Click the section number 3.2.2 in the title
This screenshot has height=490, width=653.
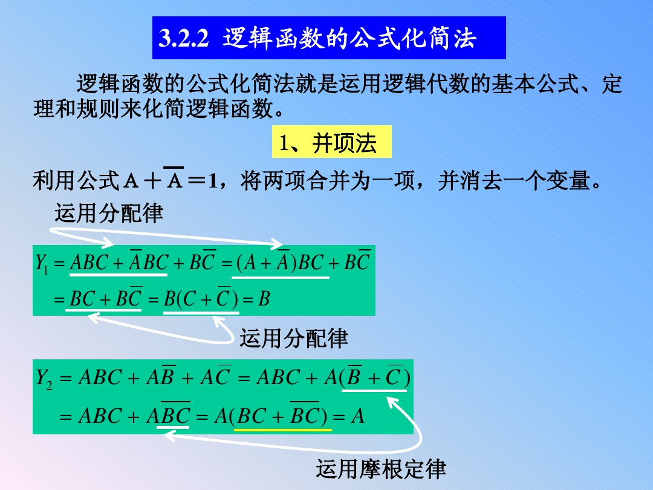[x=183, y=39]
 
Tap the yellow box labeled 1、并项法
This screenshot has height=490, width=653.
[x=331, y=143]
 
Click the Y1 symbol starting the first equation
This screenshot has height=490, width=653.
[x=42, y=263]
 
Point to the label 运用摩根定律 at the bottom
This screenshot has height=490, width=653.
[x=380, y=469]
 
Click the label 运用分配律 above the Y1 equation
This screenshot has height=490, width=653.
[x=109, y=213]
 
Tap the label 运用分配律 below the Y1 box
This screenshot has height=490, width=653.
[x=294, y=338]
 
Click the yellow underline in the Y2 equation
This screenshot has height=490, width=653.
[x=283, y=430]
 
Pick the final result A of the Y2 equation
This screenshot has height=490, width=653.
[x=358, y=416]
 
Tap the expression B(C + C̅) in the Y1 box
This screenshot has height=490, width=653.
[x=199, y=298]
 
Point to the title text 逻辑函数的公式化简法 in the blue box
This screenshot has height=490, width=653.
[x=349, y=39]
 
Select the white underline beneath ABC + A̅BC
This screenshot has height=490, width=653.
[x=119, y=275]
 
